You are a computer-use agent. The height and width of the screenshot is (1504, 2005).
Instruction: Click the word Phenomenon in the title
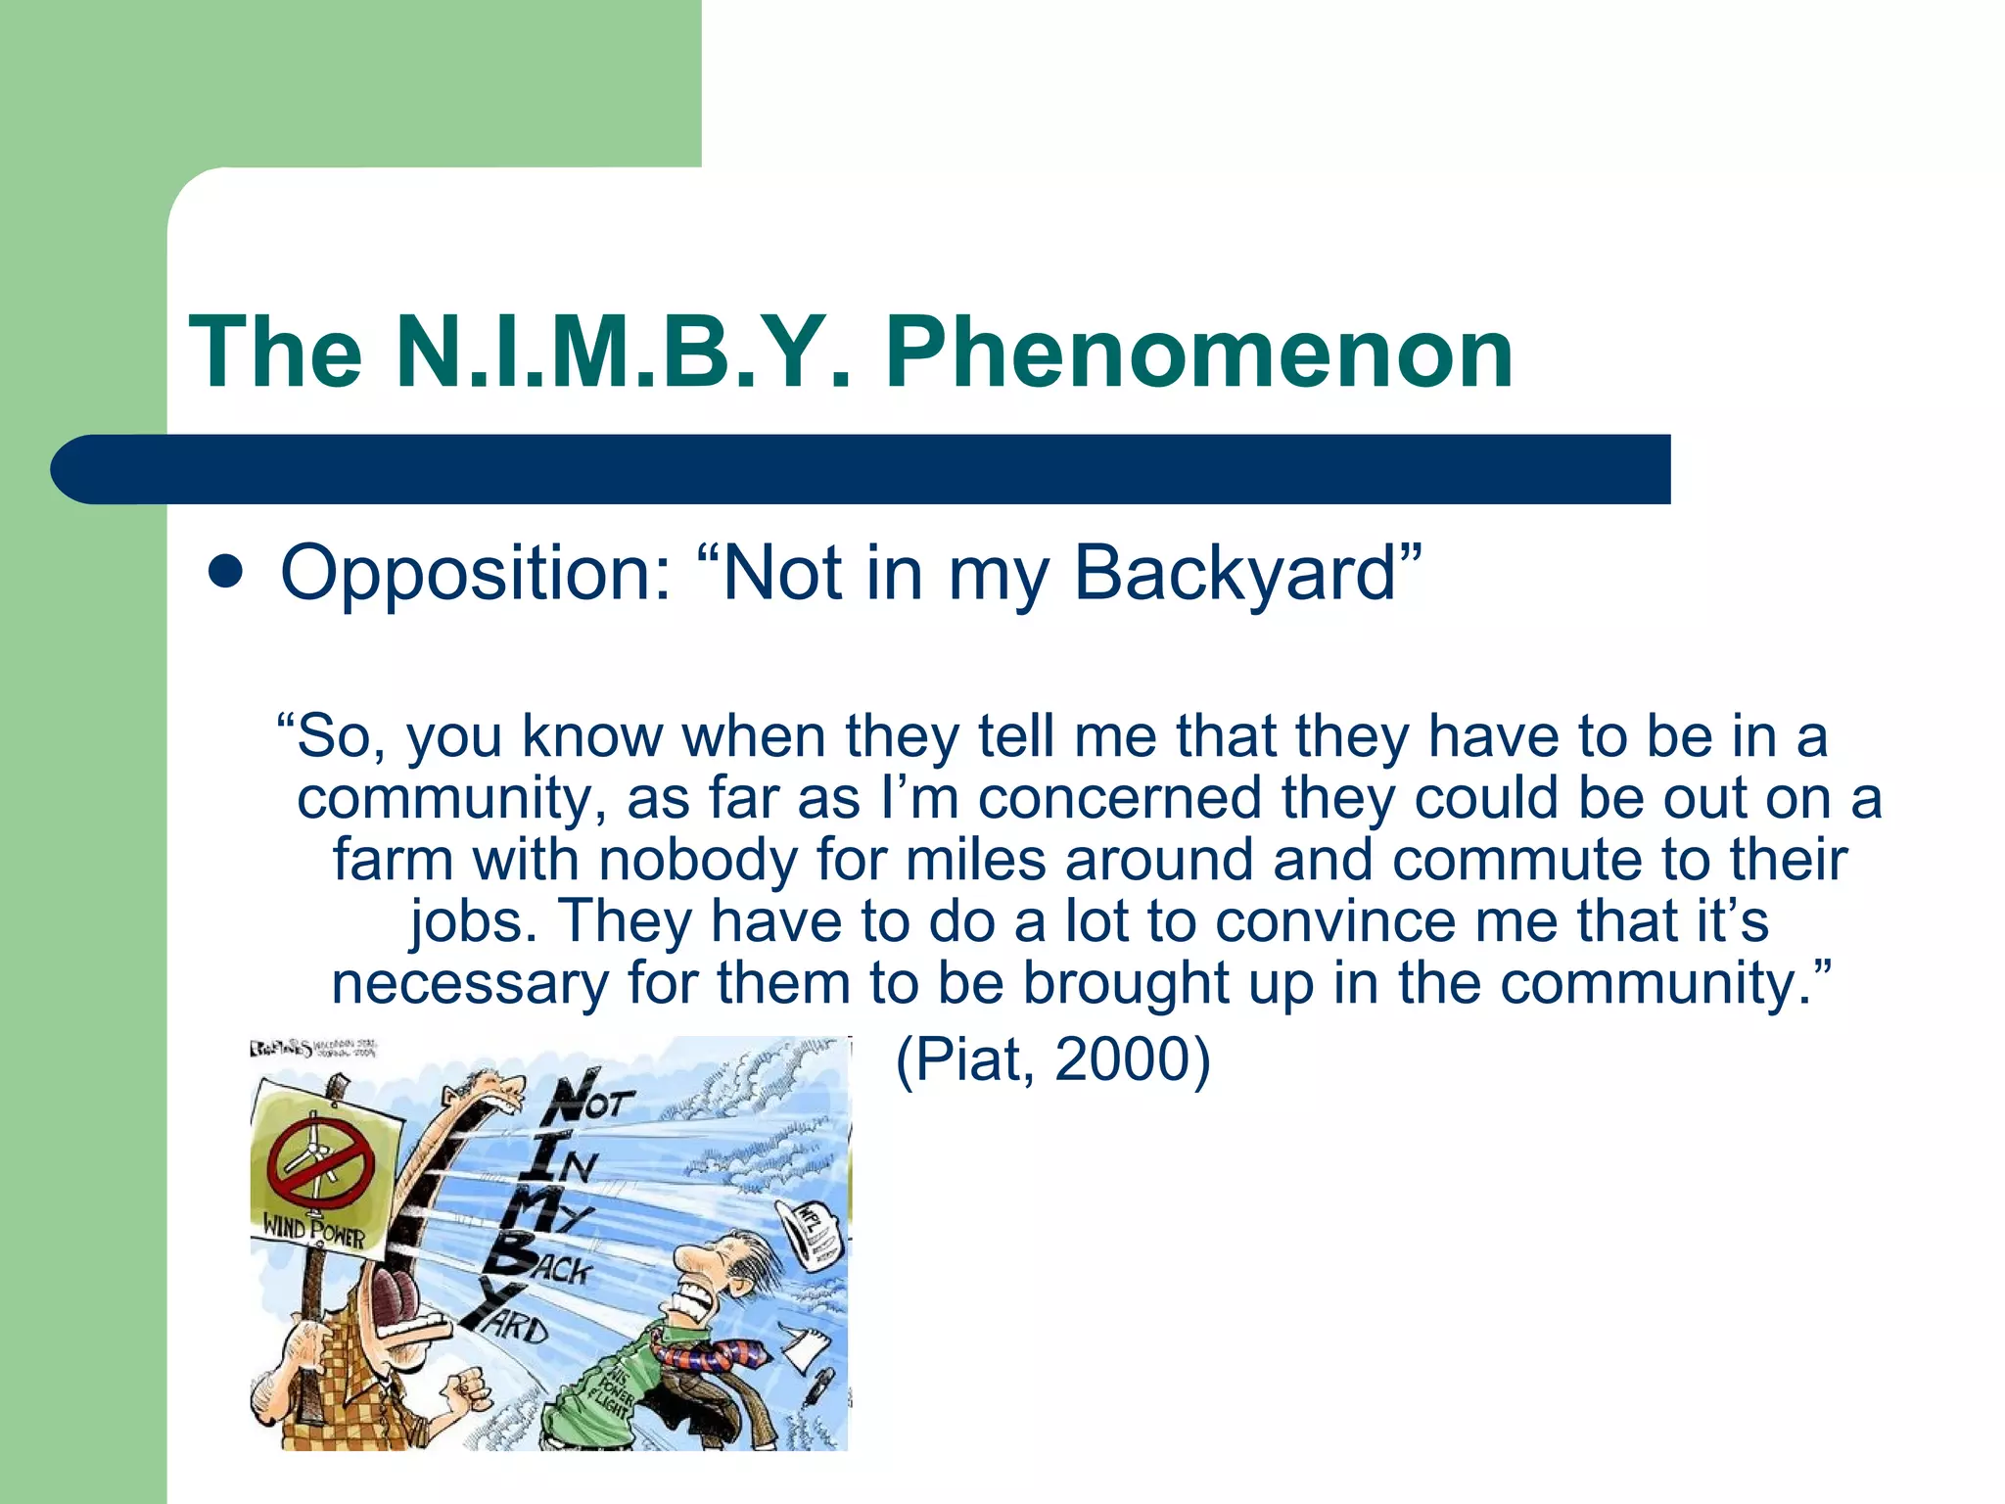pyautogui.click(x=1198, y=352)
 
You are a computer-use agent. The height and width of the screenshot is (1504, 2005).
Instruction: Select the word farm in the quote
pyautogui.click(x=393, y=859)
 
